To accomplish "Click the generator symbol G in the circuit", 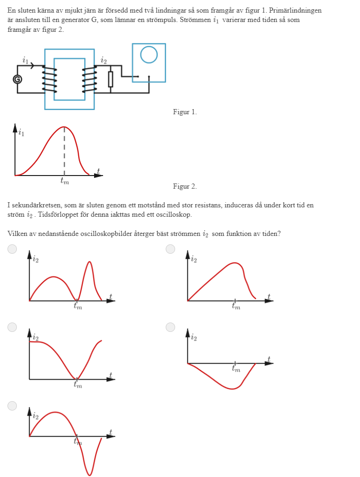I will point(17,80).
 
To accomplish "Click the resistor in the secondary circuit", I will point(110,79).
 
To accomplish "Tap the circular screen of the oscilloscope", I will point(148,55).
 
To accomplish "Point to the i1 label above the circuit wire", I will point(25,60).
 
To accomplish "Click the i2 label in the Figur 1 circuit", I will point(103,60).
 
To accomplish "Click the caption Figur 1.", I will point(185,112).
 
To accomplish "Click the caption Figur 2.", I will point(185,186).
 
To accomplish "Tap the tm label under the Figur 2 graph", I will point(65,182).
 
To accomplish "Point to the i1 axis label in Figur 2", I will point(21,133).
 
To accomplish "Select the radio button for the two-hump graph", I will point(12,249).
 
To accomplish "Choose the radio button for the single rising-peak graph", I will point(170,249).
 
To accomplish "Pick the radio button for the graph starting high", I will point(12,327).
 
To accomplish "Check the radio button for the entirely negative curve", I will point(170,327).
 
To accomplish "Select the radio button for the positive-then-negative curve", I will point(12,405).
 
